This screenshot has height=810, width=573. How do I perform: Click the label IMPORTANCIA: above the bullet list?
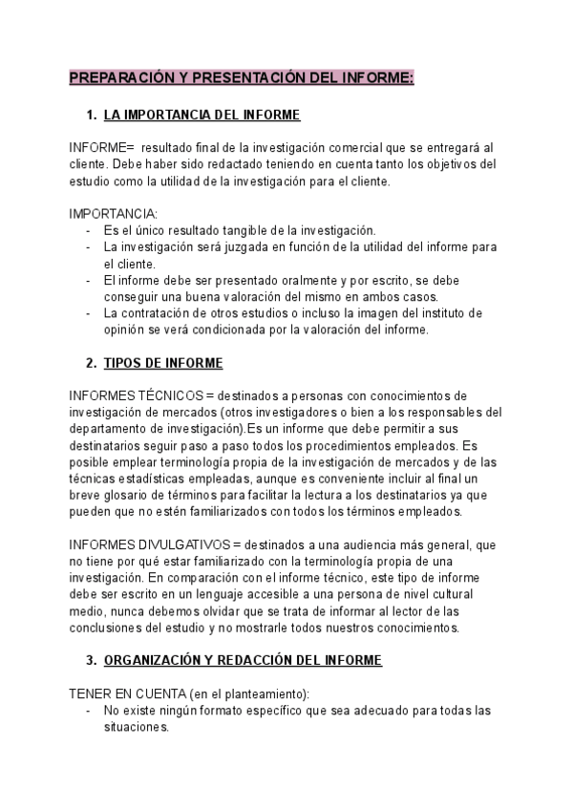click(114, 213)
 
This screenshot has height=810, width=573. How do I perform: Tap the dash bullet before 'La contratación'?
click(88, 312)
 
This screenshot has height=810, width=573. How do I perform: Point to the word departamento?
click(111, 428)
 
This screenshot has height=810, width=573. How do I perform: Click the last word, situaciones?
click(137, 726)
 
